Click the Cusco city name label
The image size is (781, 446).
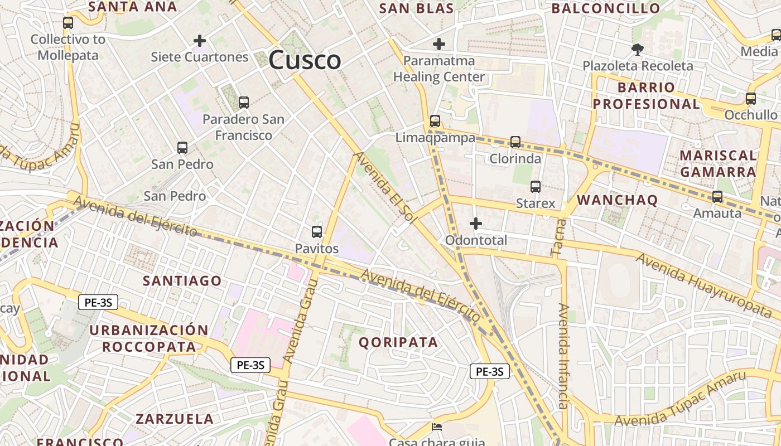[305, 60]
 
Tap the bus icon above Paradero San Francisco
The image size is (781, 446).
[243, 103]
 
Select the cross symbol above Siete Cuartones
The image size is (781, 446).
[199, 41]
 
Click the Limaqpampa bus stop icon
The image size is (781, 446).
[435, 121]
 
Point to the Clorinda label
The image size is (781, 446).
[515, 159]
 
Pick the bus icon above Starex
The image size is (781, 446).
[536, 187]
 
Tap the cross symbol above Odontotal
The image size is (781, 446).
[475, 224]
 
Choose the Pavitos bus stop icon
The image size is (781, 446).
[317, 231]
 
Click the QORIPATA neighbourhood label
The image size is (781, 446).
[398, 342]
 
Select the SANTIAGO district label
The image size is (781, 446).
[182, 280]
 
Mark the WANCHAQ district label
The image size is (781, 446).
[618, 200]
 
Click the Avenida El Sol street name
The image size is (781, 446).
[385, 188]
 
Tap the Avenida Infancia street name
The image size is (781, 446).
[564, 357]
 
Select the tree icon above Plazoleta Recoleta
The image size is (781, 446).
[637, 50]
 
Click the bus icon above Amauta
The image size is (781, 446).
[717, 197]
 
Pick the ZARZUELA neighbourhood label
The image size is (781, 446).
[175, 419]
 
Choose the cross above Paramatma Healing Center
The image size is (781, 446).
[439, 43]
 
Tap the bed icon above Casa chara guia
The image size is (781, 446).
[437, 428]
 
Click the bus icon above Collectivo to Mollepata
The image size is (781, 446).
[68, 23]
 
